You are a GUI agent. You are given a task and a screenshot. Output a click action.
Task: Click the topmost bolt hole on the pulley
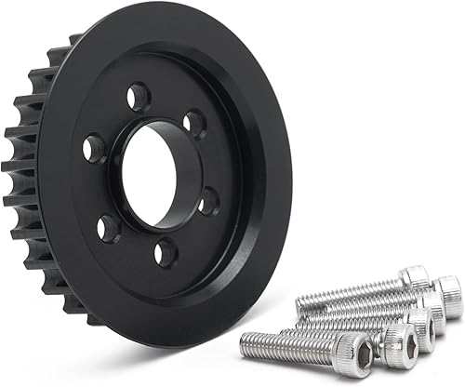click(x=138, y=95)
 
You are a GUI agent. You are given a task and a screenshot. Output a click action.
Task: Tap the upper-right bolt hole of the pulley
click(x=194, y=123)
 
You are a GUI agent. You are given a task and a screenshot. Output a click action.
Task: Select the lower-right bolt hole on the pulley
click(x=209, y=200)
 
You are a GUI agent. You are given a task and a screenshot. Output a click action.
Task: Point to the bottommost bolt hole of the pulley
click(x=166, y=251)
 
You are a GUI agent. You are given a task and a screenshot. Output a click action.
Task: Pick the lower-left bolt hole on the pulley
click(x=109, y=226)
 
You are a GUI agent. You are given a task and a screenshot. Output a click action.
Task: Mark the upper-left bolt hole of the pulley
click(x=94, y=147)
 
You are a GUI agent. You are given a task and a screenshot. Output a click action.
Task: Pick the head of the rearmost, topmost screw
click(x=414, y=277)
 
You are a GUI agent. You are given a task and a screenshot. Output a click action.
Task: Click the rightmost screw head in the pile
click(x=449, y=296)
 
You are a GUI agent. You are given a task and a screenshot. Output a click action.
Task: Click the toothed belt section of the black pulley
click(x=28, y=177)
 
